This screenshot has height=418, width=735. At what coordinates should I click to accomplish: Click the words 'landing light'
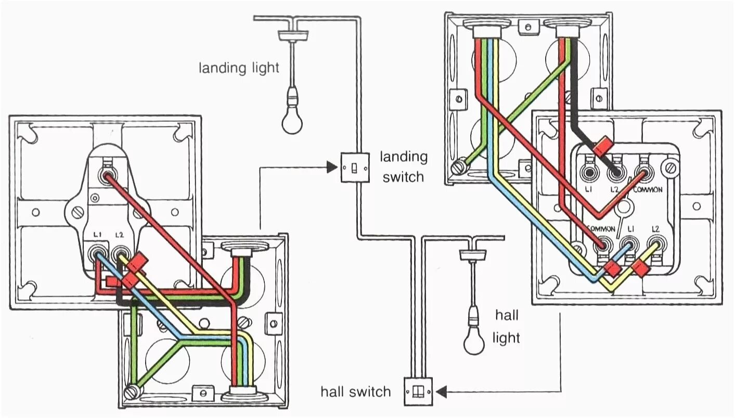point(239,68)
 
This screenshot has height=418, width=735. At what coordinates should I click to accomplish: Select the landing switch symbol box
point(355,167)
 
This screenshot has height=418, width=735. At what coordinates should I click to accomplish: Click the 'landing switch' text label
point(403,167)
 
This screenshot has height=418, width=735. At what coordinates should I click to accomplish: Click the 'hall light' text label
point(506,327)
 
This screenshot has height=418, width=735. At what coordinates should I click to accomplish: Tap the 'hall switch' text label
point(355,391)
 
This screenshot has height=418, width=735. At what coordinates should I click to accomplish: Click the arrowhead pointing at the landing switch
point(331,167)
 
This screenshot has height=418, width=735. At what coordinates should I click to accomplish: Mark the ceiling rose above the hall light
point(473,254)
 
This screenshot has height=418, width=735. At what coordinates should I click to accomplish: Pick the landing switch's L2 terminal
point(121,255)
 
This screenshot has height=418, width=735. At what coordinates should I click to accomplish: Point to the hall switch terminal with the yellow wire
point(654,244)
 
